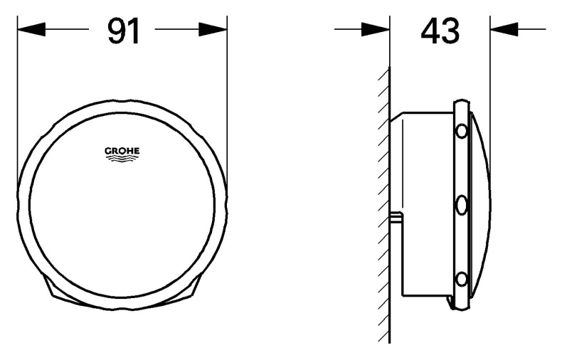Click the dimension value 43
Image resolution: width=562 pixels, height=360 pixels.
[x=440, y=31]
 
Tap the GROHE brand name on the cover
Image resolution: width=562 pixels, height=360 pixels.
[x=122, y=150]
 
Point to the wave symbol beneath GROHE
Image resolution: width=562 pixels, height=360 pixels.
[x=122, y=159]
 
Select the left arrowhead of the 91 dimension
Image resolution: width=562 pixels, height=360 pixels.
[x=31, y=29]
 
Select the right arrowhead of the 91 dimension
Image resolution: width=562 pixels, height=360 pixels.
[x=212, y=29]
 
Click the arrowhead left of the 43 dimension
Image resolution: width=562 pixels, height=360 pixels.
[x=375, y=29]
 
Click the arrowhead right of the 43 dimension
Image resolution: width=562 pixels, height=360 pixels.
[x=504, y=29]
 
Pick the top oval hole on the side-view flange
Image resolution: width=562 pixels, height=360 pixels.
[x=462, y=131]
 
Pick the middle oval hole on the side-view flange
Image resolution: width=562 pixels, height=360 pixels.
[x=462, y=206]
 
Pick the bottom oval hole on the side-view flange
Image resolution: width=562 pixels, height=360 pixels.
[x=462, y=279]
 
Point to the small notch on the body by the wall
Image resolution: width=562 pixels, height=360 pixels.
[x=397, y=216]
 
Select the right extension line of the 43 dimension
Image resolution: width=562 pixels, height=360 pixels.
[x=489, y=85]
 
